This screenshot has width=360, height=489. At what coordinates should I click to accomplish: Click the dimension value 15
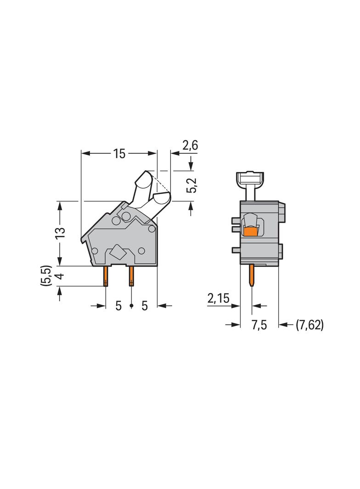coord(119,154)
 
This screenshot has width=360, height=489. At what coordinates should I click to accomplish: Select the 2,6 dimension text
coord(190,146)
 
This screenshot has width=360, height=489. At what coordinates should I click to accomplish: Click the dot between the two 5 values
coord(131,306)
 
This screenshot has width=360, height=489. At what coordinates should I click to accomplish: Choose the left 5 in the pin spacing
coord(118,306)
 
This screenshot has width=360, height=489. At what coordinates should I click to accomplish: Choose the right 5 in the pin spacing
coord(144,306)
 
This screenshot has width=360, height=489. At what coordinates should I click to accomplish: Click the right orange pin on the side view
coord(132,275)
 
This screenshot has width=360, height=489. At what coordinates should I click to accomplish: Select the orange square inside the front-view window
coord(250,232)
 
